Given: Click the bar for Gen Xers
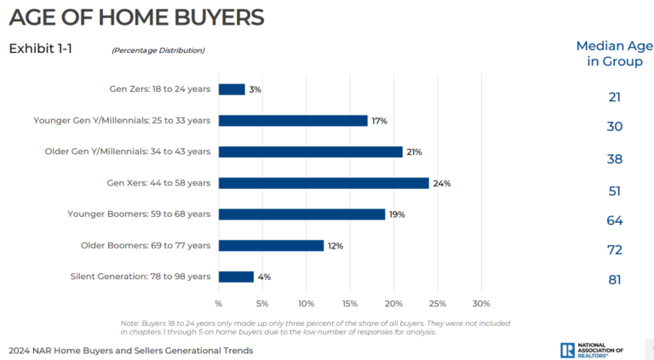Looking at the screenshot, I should pyautogui.click(x=324, y=183).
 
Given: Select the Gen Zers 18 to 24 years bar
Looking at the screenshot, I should pyautogui.click(x=232, y=89).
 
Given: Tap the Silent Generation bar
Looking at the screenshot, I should pyautogui.click(x=236, y=277).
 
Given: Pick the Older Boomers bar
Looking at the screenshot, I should pyautogui.click(x=271, y=245).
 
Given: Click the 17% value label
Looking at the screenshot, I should pyautogui.click(x=378, y=121).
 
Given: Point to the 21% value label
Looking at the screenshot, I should pyautogui.click(x=413, y=151).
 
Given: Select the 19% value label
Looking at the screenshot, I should pyautogui.click(x=396, y=214).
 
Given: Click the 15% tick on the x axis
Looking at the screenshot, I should pyautogui.click(x=350, y=303).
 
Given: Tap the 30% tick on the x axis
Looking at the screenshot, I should pyautogui.click(x=481, y=303).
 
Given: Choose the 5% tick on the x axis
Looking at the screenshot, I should pyautogui.click(x=262, y=303).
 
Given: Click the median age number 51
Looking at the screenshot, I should pyautogui.click(x=615, y=191).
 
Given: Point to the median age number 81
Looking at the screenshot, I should pyautogui.click(x=615, y=279).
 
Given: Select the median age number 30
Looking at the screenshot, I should pyautogui.click(x=615, y=127).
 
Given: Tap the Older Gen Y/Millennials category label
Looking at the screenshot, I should pyautogui.click(x=127, y=151).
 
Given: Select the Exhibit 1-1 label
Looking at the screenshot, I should pyautogui.click(x=40, y=49).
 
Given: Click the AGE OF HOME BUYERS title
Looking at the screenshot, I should pyautogui.click(x=136, y=16).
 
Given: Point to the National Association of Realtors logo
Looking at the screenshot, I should pyautogui.click(x=591, y=349).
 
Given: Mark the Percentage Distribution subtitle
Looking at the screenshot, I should pyautogui.click(x=158, y=50).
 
